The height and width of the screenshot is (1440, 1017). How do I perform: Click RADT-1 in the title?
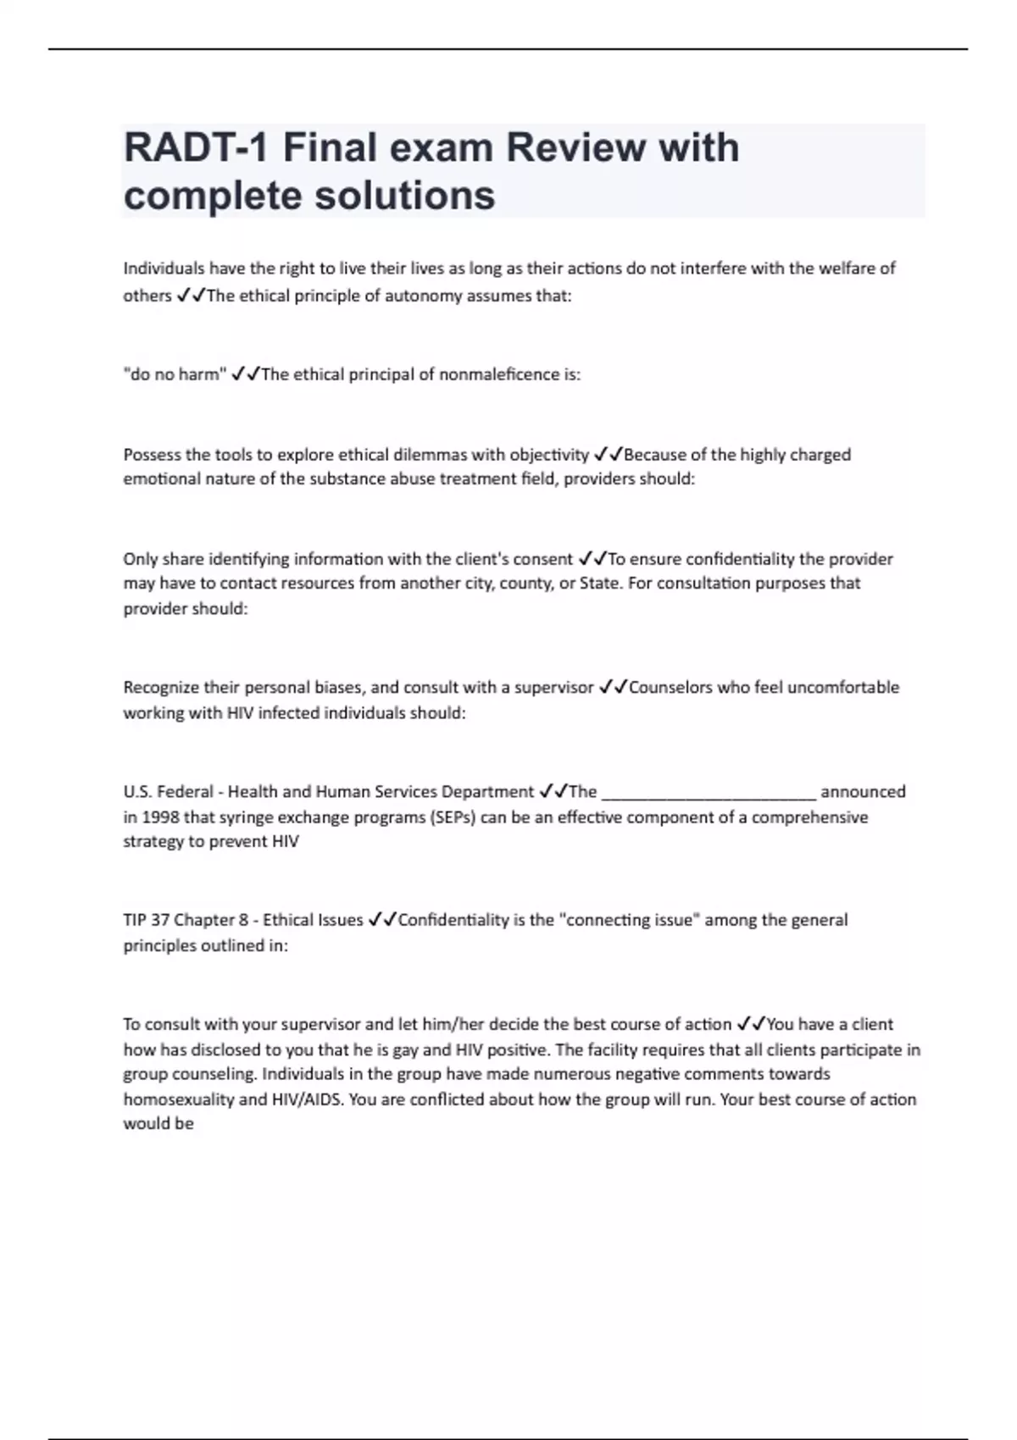tap(197, 148)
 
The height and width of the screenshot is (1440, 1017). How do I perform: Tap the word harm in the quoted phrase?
tap(198, 374)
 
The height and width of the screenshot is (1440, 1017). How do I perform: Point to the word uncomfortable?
tap(843, 687)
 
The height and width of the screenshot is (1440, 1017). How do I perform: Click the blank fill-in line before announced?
tap(709, 793)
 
